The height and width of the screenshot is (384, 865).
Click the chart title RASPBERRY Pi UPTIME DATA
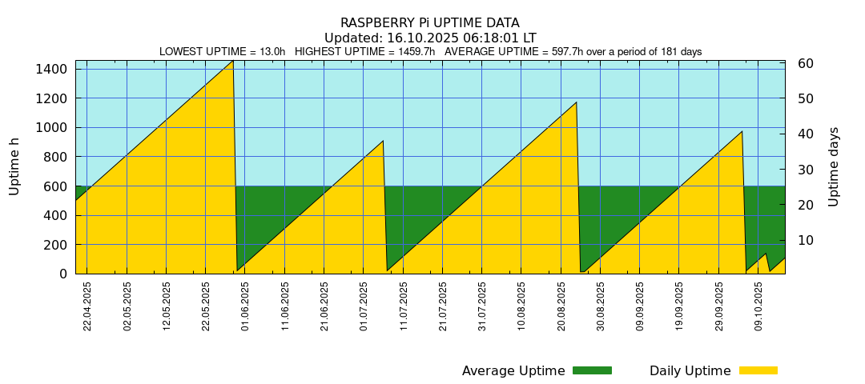429,23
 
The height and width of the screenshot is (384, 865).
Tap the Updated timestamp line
429,38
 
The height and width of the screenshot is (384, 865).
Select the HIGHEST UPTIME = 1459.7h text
364,52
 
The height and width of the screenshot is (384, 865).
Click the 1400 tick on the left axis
51,70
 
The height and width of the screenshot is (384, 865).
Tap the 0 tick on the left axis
64,274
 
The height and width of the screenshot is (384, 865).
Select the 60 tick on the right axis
806,63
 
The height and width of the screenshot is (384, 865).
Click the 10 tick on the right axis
806,240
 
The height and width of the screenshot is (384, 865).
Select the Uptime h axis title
14,166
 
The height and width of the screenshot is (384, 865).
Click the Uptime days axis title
834,166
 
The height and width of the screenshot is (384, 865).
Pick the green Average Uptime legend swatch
592,370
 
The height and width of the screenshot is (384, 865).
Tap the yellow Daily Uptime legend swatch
758,370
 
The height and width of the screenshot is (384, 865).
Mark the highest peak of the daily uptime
232,61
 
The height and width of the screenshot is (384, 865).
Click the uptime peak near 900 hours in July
383,142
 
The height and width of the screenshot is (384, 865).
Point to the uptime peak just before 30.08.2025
576,102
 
